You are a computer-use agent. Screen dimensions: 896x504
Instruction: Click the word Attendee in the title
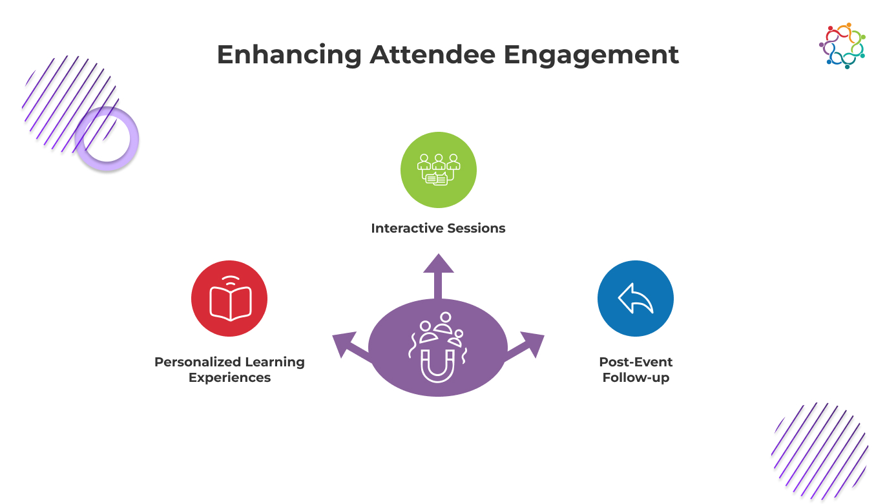click(x=432, y=54)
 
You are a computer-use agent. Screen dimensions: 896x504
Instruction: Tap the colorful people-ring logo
click(x=842, y=46)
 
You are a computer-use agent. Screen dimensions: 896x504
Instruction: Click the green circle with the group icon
click(x=439, y=170)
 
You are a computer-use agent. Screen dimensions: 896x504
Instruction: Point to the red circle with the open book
click(x=229, y=299)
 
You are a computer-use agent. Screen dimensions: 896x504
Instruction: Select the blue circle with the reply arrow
click(x=636, y=299)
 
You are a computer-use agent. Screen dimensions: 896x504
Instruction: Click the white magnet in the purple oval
click(x=438, y=366)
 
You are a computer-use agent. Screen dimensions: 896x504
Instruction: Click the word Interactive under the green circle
click(x=408, y=228)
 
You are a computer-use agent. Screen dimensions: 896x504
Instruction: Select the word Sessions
click(x=476, y=228)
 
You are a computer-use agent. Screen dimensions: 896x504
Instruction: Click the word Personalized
click(x=198, y=362)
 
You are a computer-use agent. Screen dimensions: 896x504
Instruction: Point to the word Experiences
click(x=229, y=377)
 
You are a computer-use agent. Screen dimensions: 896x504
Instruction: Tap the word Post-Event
click(x=636, y=362)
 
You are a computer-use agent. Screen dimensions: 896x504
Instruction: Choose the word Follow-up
click(x=636, y=377)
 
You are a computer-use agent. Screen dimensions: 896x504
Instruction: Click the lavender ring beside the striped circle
click(x=107, y=139)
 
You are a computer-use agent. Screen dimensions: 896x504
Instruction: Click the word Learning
click(x=275, y=362)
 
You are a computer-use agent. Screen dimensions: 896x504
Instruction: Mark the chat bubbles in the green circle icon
click(x=437, y=178)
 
